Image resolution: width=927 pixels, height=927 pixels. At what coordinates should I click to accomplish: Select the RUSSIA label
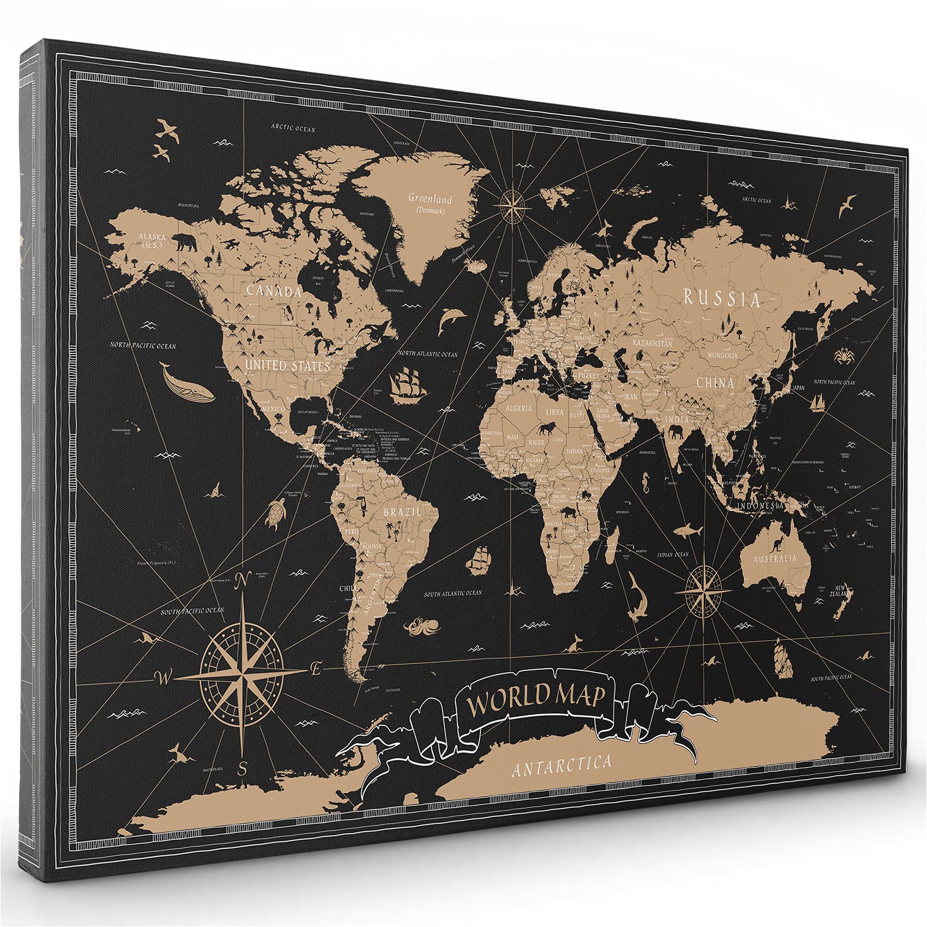721,298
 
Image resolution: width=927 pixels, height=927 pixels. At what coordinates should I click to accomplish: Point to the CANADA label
274,291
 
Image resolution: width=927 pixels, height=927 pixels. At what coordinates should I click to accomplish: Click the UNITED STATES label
287,366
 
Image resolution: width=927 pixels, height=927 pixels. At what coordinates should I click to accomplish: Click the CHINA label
714,382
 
